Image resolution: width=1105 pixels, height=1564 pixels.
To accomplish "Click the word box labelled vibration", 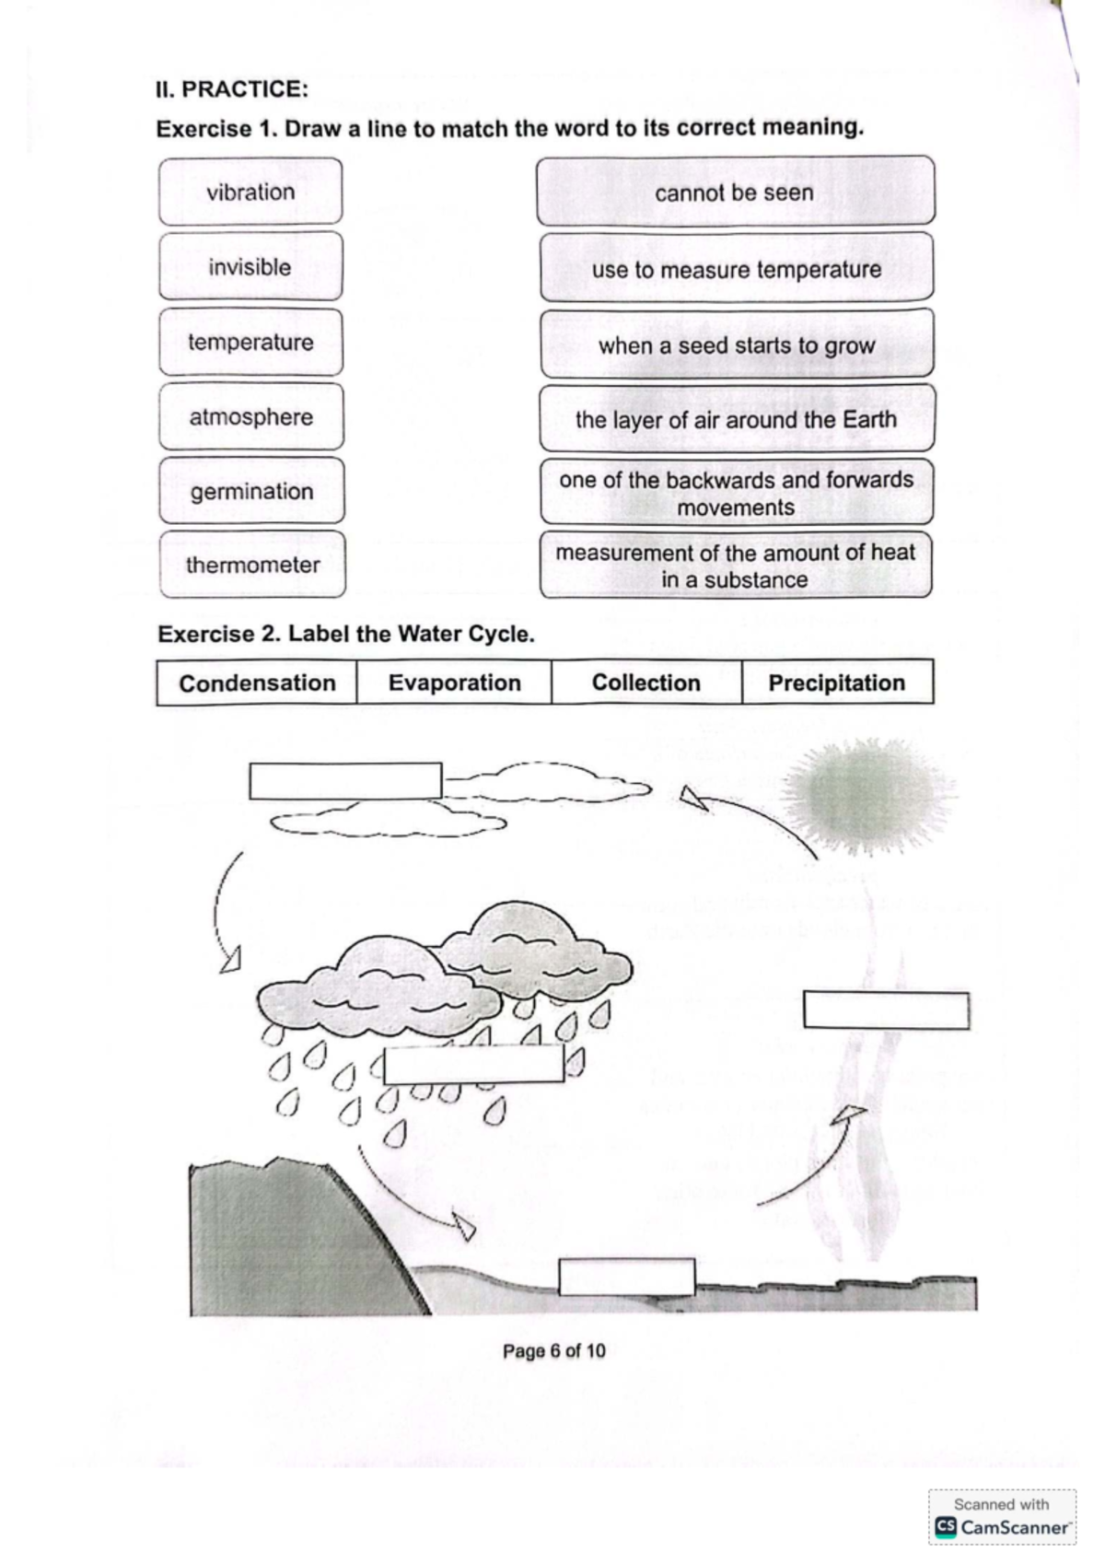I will point(250,192).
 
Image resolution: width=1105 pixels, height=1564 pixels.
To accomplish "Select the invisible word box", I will point(250,267).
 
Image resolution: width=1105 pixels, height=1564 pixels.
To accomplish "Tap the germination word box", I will point(251,491).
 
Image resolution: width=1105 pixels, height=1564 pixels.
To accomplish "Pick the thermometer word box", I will point(252,565).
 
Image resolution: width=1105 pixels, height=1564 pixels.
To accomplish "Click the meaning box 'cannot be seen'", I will point(735,192).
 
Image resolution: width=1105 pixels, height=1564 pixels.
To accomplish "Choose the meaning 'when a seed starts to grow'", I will point(737,344).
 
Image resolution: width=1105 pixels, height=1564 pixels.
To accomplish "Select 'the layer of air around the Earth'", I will point(737,419).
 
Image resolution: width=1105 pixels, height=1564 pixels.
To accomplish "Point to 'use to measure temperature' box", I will point(737,269).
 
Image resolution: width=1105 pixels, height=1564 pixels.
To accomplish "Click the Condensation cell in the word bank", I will point(257,683).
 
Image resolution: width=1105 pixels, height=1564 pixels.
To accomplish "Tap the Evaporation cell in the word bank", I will point(454,683).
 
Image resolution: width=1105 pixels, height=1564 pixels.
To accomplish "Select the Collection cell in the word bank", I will point(646,683).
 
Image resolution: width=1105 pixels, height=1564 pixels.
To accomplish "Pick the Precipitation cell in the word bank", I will point(837,683).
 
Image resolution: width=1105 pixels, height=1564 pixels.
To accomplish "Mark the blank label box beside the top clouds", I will point(345,781).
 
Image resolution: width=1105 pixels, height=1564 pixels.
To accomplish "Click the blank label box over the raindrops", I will point(474,1065).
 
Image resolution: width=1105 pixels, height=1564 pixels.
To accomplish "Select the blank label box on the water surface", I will point(627,1277).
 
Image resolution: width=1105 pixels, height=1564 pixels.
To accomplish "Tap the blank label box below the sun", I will point(886,1010).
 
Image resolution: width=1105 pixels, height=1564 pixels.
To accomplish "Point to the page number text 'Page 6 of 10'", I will point(554,1351).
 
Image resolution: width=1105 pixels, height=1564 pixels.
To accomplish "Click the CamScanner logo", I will point(1003,1526).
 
